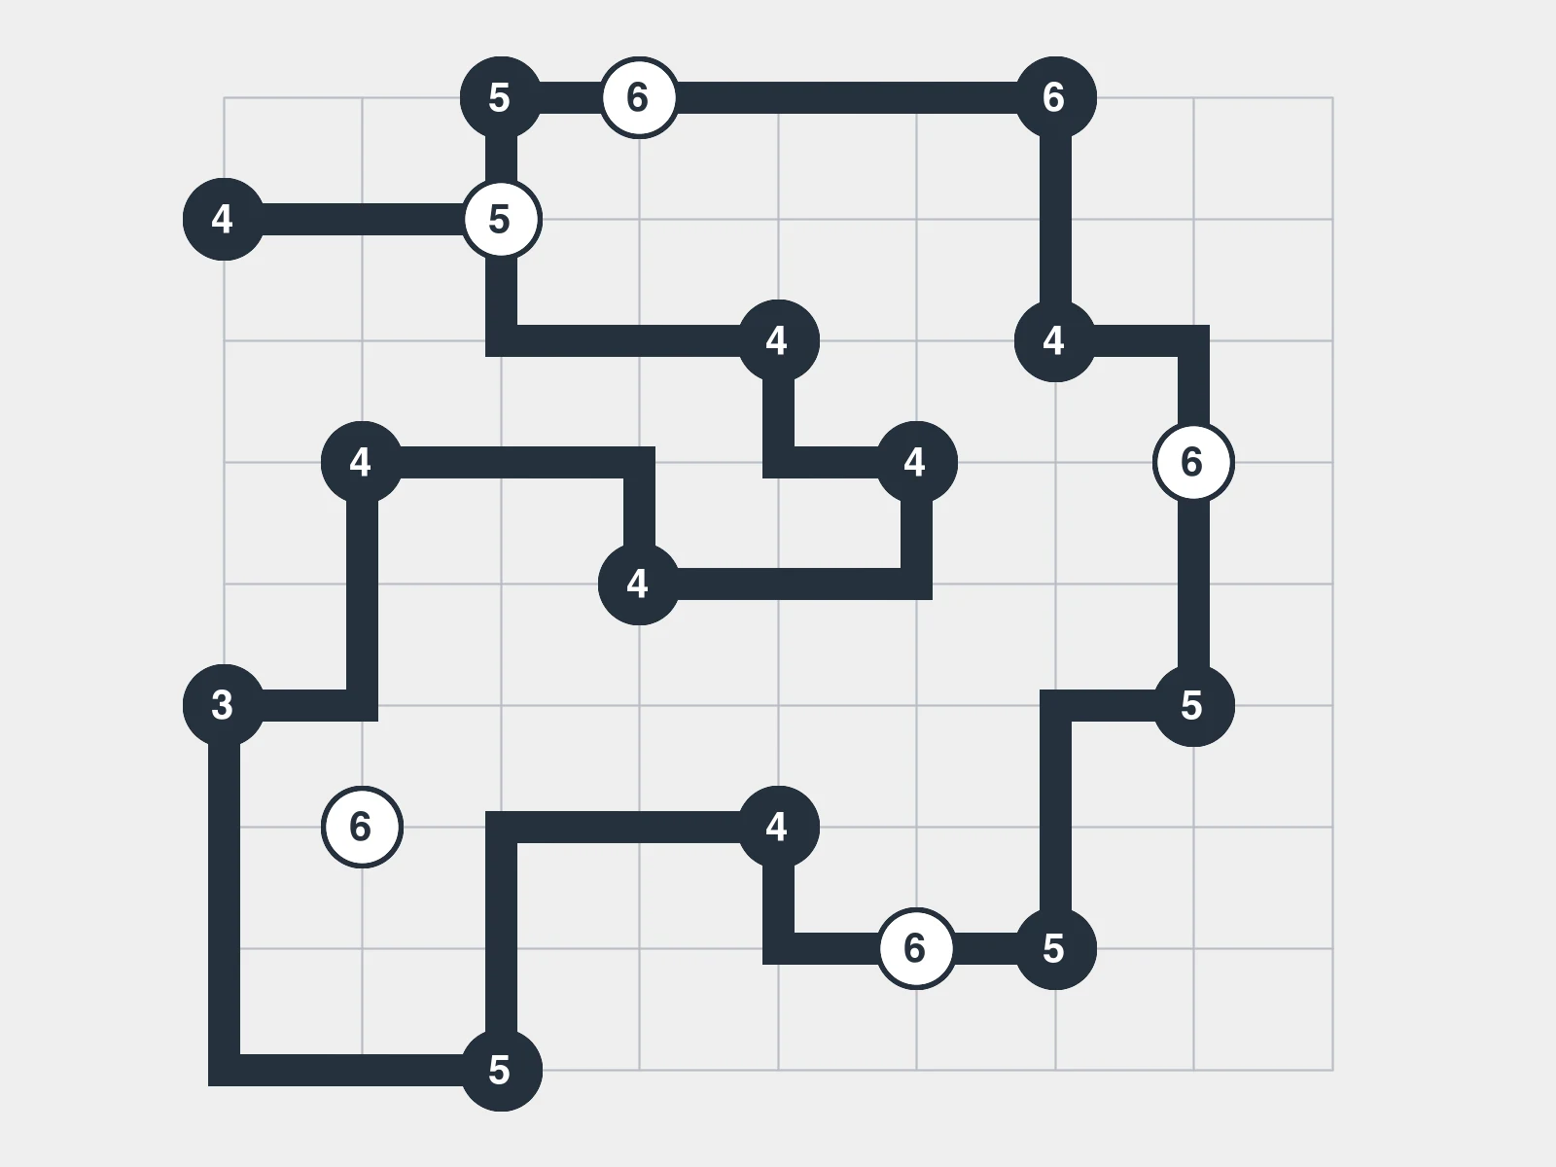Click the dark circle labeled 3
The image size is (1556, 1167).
(224, 705)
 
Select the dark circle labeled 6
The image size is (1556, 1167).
(1055, 97)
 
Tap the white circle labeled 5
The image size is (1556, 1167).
(501, 219)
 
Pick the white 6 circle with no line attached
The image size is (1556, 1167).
(362, 827)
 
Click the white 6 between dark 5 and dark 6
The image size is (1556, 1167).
(639, 97)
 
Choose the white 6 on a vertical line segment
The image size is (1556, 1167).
(1194, 462)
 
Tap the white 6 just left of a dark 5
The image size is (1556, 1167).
(917, 948)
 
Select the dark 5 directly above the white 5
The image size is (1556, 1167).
(501, 97)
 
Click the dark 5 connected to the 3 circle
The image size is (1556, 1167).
(501, 1070)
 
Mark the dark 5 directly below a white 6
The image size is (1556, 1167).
(1194, 705)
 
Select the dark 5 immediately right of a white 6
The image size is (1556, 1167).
(1055, 948)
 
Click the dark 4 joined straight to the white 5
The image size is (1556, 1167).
(224, 219)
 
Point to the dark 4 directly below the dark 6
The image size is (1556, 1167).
(1055, 340)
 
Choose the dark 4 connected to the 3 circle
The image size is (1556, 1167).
(362, 462)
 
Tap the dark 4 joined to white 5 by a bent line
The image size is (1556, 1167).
(778, 340)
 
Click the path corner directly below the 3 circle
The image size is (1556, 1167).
(224, 1070)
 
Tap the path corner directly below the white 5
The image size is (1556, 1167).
(501, 340)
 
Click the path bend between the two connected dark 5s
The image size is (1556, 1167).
(1055, 705)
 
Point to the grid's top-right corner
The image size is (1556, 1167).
(1332, 98)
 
